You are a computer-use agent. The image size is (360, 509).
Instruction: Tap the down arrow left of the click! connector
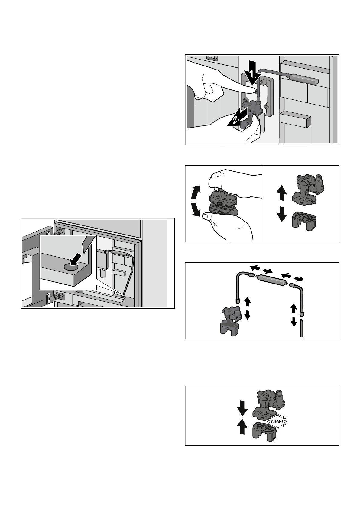point(242,410)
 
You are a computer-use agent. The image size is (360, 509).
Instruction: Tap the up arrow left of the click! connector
point(242,426)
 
